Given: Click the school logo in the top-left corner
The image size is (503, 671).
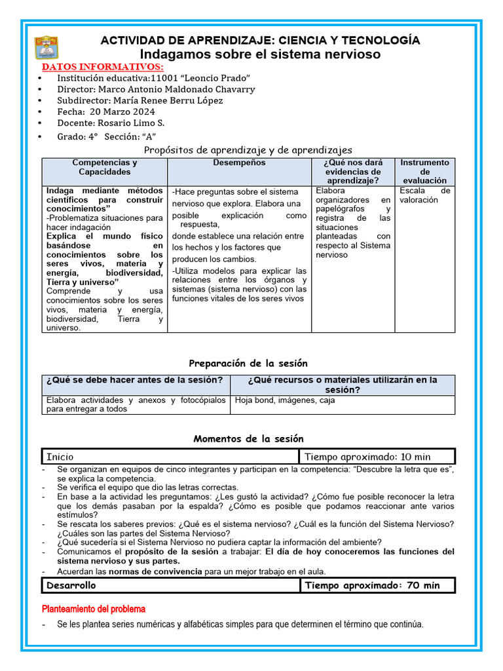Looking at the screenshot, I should [47, 47].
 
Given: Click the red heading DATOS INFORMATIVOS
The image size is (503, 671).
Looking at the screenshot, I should [103, 67].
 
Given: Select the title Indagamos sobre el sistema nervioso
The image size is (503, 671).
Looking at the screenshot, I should [260, 54].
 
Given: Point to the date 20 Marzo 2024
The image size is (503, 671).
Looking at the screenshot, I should [127, 111].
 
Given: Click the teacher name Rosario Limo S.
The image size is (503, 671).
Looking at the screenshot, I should [130, 123].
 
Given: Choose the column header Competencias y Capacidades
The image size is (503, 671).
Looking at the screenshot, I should [105, 167].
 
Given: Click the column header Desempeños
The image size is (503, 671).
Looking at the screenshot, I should [239, 163].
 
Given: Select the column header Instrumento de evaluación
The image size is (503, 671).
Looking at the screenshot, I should [424, 171].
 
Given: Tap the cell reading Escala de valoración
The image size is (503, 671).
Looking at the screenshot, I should [424, 195].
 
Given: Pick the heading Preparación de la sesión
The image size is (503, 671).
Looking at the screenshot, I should [248, 363].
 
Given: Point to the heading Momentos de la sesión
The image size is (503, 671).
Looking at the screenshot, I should [248, 439].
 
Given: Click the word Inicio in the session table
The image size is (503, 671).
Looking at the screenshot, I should [60, 457].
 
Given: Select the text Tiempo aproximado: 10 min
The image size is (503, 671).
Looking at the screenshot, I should [367, 457].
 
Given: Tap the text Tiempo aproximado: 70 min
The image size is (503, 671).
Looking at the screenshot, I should [372, 585].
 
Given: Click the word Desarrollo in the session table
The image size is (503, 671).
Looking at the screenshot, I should [71, 585].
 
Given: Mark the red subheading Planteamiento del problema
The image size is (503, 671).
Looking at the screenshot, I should [94, 609].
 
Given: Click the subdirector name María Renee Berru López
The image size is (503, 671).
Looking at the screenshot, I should [168, 100].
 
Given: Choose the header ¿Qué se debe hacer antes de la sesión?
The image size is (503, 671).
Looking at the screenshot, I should [135, 380].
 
